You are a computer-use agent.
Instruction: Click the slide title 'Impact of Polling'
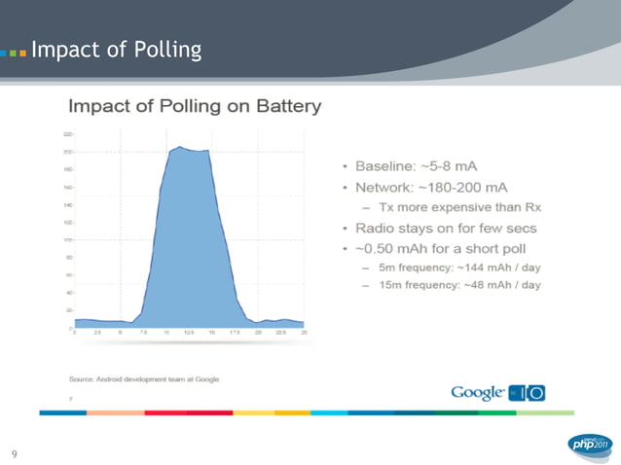click(116, 49)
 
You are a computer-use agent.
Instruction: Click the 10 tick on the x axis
click(166, 334)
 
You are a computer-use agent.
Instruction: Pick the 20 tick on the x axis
click(259, 334)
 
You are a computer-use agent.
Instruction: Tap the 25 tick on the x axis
click(305, 334)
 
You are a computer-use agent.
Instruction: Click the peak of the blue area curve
click(180, 148)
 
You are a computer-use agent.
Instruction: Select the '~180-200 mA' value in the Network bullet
click(466, 187)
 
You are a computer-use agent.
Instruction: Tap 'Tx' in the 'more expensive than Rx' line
click(387, 207)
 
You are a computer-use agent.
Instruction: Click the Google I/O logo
click(497, 392)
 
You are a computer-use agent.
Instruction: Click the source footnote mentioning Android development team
click(143, 377)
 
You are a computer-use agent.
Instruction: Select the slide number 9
click(15, 453)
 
